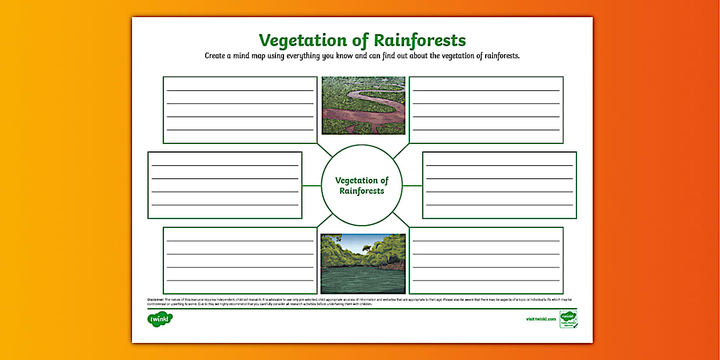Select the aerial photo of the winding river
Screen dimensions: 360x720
(x=363, y=106)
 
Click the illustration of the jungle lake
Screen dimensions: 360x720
(x=363, y=263)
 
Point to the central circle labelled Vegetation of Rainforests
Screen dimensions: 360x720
(x=362, y=185)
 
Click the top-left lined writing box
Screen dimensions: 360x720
(x=240, y=110)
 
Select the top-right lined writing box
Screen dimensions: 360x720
(x=486, y=110)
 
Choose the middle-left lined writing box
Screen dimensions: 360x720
(x=225, y=185)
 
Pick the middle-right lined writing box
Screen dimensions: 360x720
(x=499, y=185)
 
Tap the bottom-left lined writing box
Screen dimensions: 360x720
(x=240, y=261)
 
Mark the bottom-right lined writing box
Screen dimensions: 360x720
(x=486, y=261)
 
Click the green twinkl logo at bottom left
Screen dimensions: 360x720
(x=159, y=319)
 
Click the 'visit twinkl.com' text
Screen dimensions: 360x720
(x=541, y=319)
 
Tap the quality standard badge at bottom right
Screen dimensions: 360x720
(x=568, y=319)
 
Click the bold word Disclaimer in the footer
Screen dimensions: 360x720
(x=156, y=299)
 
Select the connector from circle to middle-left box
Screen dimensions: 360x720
(x=311, y=185)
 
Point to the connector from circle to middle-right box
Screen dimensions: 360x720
(x=412, y=185)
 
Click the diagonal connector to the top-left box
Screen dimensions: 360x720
(x=325, y=150)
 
